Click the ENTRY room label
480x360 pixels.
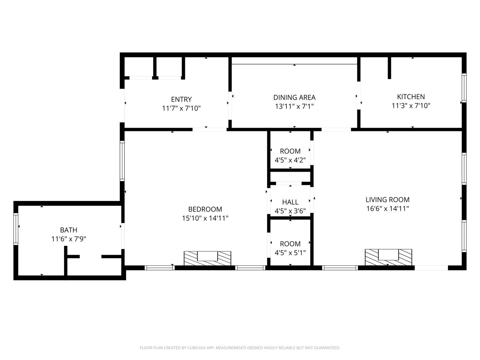tap(181, 99)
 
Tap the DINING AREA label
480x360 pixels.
tap(294, 97)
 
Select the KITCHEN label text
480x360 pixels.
tap(411, 97)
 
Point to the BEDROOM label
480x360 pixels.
tap(205, 209)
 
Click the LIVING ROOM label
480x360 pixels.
tap(387, 200)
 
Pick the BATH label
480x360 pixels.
tap(69, 230)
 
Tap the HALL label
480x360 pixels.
tap(290, 202)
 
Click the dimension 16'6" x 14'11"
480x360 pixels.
tap(387, 209)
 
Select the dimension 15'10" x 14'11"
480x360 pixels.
tap(205, 218)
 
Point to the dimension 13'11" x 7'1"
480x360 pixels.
tap(294, 106)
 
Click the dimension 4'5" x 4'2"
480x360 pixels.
tap(290, 160)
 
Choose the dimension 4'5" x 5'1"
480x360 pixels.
tap(290, 253)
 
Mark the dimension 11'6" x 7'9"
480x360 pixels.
tap(69, 239)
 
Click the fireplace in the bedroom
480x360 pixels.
tap(207, 258)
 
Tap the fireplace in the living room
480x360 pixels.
tap(388, 257)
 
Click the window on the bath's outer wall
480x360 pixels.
tap(16, 229)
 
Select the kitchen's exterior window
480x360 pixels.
tap(464, 88)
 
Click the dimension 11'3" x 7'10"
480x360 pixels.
tap(411, 106)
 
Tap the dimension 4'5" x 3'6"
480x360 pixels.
tap(290, 211)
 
